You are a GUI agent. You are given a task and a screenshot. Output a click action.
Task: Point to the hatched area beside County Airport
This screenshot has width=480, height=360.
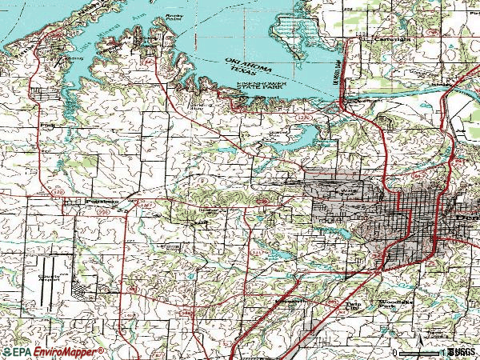point(85,284)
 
